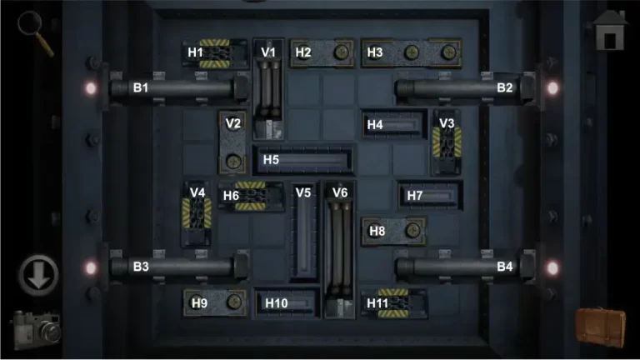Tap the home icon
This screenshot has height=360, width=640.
612,32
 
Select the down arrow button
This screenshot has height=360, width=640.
38,274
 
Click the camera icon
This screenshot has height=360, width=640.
36,327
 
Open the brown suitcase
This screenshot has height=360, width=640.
600,326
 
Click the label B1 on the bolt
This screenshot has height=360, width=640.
141,87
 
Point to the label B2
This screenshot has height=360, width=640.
505,87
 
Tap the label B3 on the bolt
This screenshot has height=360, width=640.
141,267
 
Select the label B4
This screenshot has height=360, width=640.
505,267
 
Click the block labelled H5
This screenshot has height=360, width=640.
303,158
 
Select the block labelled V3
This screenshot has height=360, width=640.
447,141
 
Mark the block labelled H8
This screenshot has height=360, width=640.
394,231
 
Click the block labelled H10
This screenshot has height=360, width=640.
286,302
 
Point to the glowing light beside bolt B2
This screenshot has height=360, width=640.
551,87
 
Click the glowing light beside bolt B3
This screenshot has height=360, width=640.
91,267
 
